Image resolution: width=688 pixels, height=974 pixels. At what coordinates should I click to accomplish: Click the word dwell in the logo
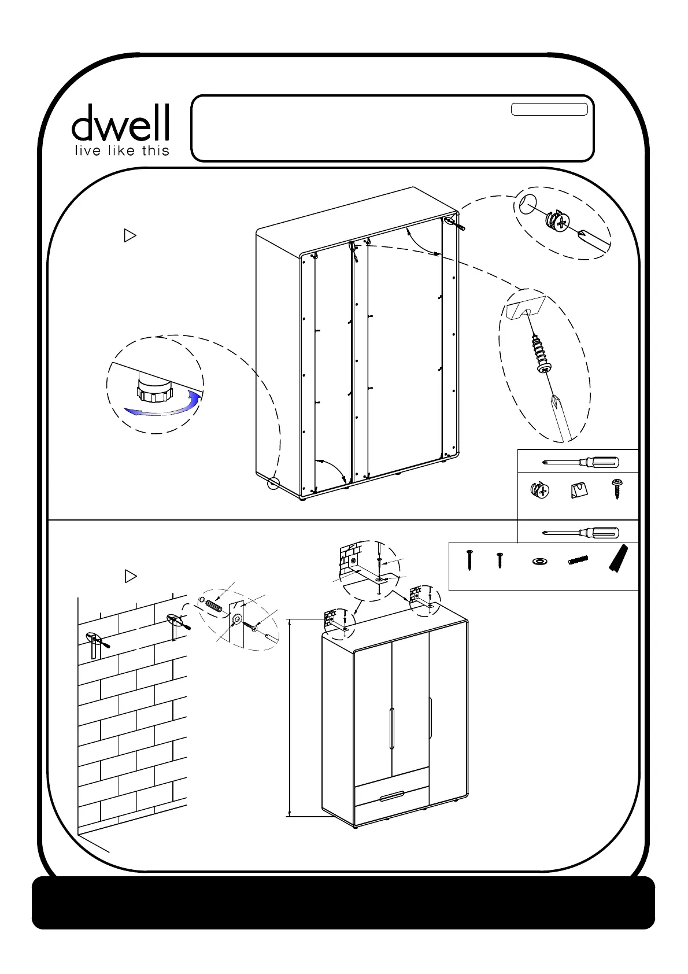pos(120,123)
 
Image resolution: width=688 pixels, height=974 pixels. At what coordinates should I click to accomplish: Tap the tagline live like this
pos(122,151)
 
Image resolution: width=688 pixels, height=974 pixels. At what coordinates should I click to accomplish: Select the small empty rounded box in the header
pos(549,109)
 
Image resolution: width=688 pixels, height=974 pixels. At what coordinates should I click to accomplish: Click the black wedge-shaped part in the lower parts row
pos(617,558)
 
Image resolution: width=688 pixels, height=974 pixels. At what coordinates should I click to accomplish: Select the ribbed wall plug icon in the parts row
pos(578,560)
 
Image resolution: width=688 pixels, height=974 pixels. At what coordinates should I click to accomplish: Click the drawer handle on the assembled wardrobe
pos(393,797)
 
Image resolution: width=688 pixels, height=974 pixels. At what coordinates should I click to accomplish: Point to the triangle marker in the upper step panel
pos(130,235)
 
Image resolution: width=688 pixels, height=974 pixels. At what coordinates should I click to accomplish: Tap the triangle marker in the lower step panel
pos(131,576)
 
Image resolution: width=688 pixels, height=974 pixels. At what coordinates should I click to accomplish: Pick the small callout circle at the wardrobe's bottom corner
pos(273,483)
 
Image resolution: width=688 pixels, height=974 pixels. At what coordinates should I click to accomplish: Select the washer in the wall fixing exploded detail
pos(237,619)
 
